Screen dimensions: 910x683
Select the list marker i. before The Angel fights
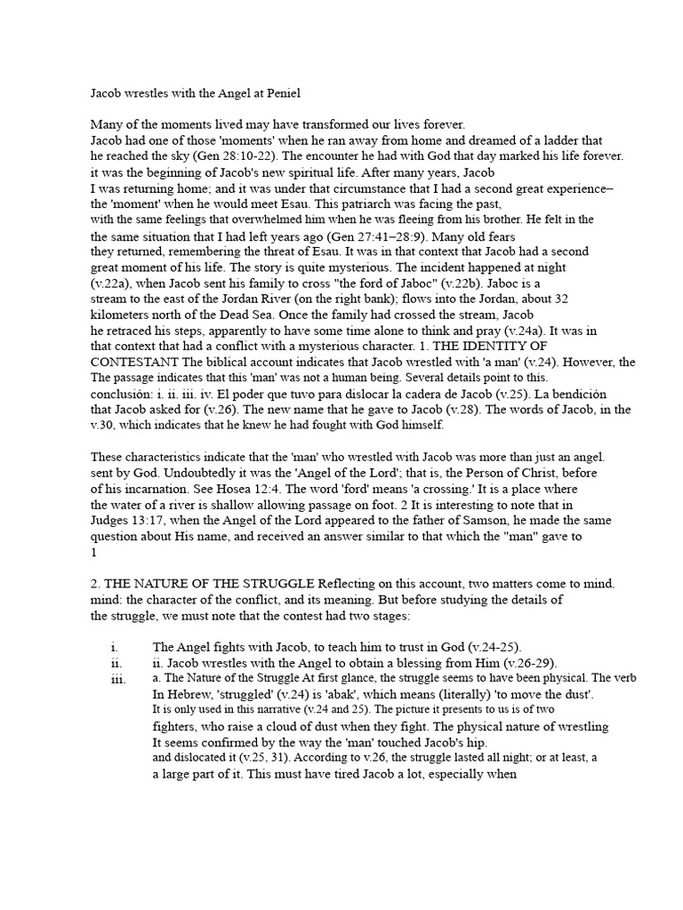pos(116,647)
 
